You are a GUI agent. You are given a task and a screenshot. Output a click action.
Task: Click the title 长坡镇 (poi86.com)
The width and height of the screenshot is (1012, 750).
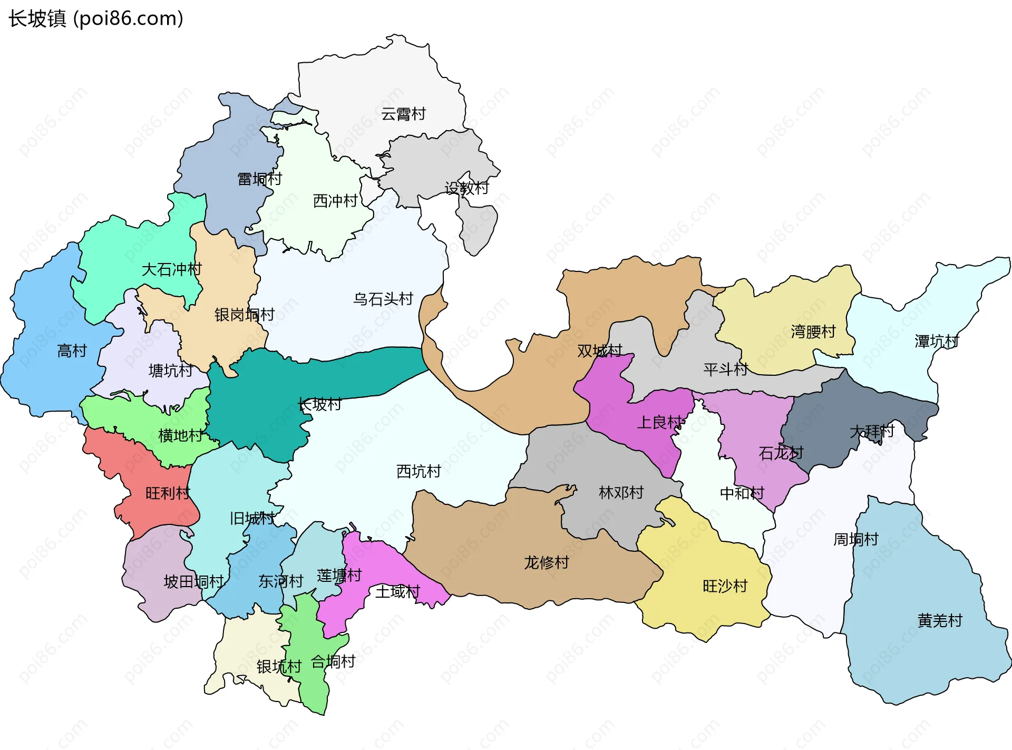click(x=96, y=18)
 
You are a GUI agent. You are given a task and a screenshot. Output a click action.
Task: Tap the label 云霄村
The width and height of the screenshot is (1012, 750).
click(x=403, y=114)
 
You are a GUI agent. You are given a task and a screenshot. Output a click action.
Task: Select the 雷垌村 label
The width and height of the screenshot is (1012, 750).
click(x=259, y=179)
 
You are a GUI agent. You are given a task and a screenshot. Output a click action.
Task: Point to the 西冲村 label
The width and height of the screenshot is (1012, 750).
click(x=335, y=201)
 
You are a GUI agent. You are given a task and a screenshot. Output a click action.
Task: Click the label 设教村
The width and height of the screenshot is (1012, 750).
click(x=466, y=188)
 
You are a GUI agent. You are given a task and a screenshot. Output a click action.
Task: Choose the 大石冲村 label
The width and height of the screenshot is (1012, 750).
click(x=171, y=270)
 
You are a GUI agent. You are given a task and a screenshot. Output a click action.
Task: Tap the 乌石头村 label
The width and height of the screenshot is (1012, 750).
click(x=383, y=299)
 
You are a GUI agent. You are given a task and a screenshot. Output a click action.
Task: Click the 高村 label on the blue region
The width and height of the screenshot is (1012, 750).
click(x=72, y=350)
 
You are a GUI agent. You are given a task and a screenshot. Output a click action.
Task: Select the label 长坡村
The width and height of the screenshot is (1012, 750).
click(x=319, y=404)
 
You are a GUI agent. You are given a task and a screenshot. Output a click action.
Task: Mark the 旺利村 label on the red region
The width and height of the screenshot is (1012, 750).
click(x=168, y=493)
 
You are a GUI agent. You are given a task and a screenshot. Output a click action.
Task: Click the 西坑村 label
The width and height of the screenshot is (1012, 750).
click(x=419, y=471)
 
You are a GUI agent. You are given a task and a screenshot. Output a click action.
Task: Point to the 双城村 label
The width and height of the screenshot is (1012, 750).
click(x=599, y=350)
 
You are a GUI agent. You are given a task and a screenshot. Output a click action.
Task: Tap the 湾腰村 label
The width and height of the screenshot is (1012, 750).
click(x=813, y=332)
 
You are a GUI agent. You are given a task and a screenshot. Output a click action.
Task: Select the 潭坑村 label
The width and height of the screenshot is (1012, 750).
click(x=937, y=342)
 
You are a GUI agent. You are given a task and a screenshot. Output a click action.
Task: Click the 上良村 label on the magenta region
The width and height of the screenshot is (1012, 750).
click(x=660, y=422)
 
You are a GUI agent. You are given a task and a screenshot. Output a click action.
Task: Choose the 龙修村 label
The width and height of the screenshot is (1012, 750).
click(x=547, y=563)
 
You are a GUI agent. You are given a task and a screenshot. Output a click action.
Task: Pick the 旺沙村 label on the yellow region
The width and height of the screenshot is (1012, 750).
click(x=725, y=586)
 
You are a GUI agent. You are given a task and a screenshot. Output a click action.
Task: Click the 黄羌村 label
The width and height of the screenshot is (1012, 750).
click(x=940, y=620)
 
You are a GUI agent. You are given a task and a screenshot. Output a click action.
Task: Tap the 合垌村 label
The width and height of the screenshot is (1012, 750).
click(x=333, y=661)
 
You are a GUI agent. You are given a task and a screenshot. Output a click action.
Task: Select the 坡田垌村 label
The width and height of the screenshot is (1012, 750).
click(x=193, y=582)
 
